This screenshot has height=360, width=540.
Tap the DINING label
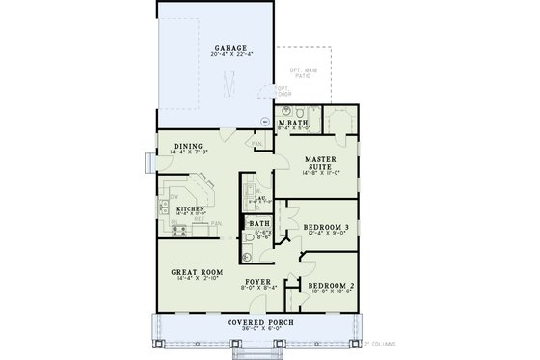(x=188, y=146)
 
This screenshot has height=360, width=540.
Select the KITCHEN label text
(x=188, y=208)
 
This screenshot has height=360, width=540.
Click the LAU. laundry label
(x=260, y=197)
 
